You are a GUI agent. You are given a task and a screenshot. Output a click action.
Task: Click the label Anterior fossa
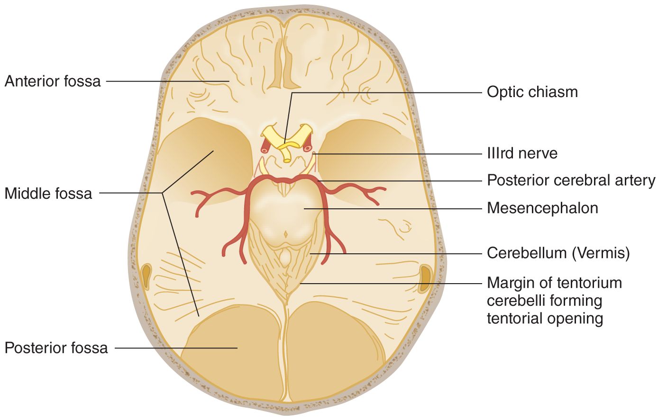click(53, 81)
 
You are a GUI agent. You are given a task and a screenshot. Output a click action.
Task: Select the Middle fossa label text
click(48, 193)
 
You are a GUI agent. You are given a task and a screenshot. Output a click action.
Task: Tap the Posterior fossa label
click(56, 348)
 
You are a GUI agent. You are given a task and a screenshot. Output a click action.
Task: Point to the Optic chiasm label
click(532, 92)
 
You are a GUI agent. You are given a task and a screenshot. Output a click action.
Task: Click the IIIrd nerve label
click(522, 153)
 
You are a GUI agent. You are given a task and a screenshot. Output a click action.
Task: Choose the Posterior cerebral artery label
click(571, 180)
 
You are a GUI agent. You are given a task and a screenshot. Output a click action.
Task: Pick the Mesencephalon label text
click(542, 208)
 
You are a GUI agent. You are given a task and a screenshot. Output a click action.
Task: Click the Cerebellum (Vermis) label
click(558, 253)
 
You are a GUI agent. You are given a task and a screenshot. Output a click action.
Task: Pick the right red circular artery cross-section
click(308, 148)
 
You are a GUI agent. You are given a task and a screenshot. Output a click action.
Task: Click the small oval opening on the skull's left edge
click(146, 276)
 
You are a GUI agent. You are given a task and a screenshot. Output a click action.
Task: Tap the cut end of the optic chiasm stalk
click(287, 160)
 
